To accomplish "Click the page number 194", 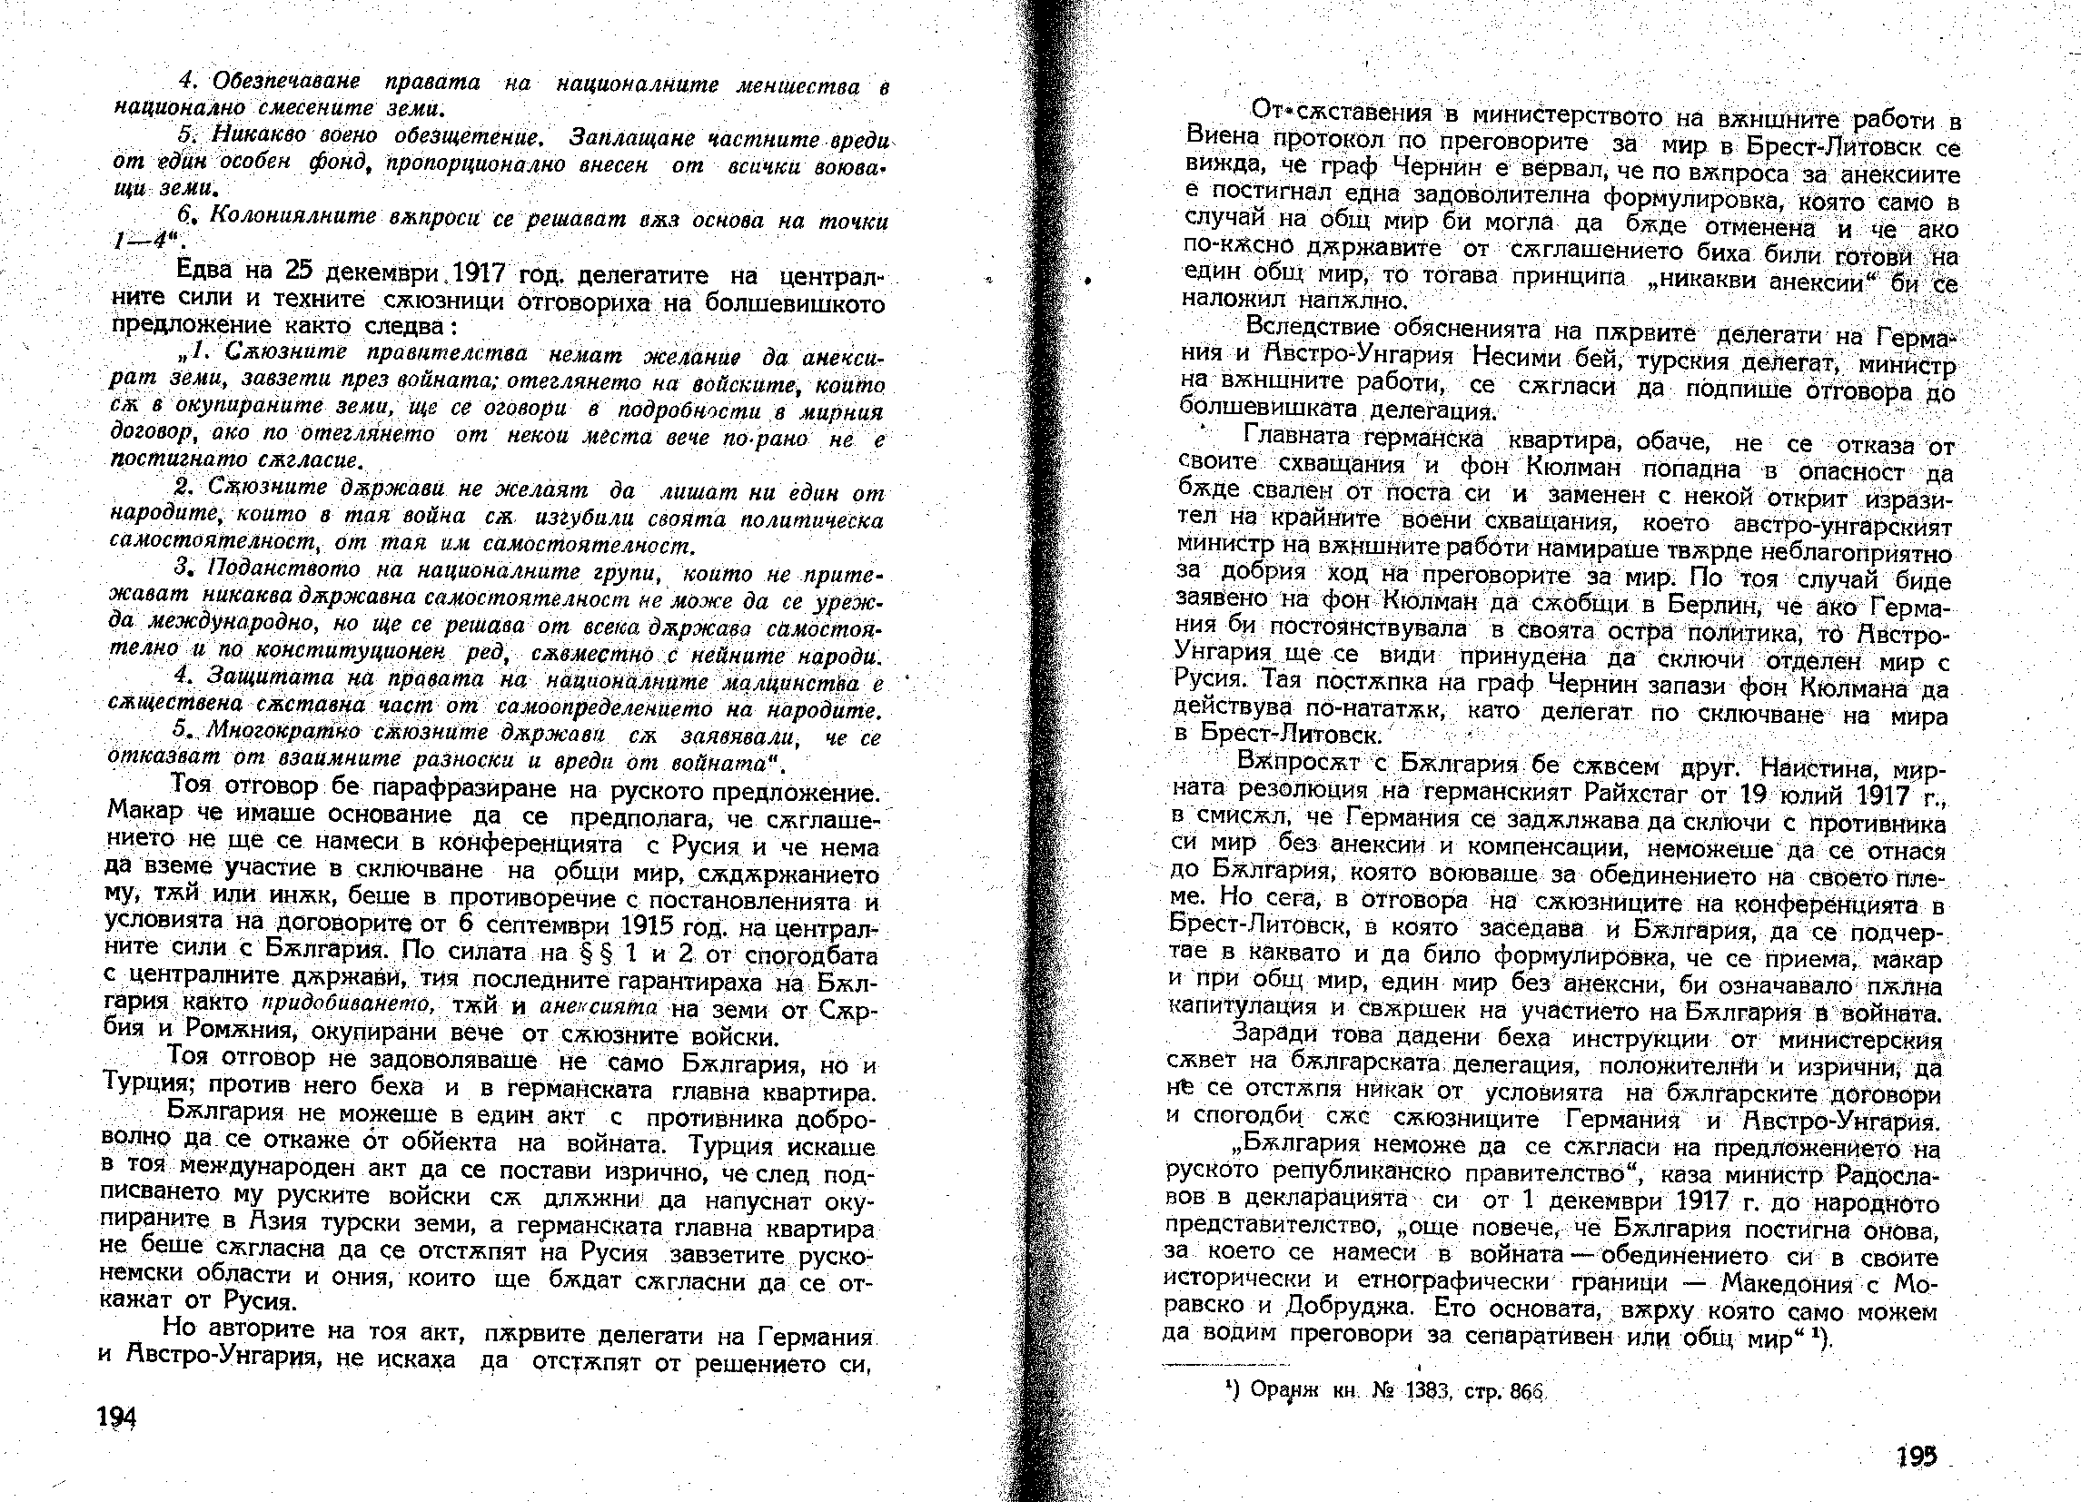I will tap(116, 1418).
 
